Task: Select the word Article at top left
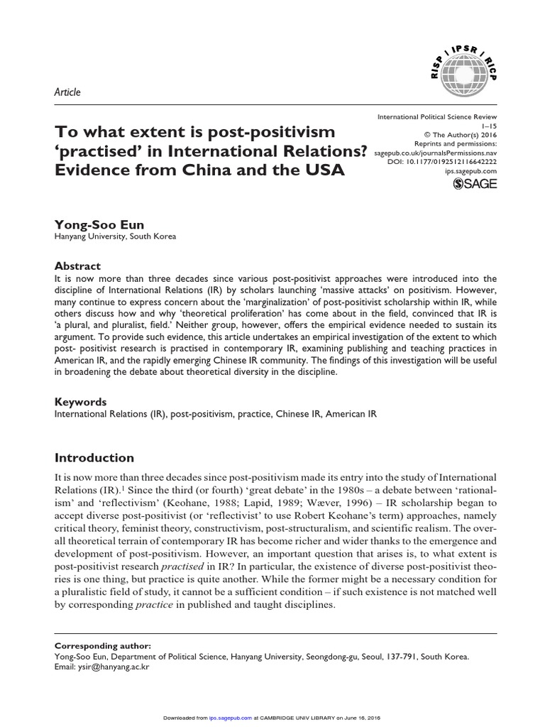tap(67, 92)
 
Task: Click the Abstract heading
tap(77, 266)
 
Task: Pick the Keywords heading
tap(80, 400)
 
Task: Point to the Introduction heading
tap(94, 458)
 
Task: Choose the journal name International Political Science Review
tap(436, 115)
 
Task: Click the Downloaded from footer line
tap(272, 718)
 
